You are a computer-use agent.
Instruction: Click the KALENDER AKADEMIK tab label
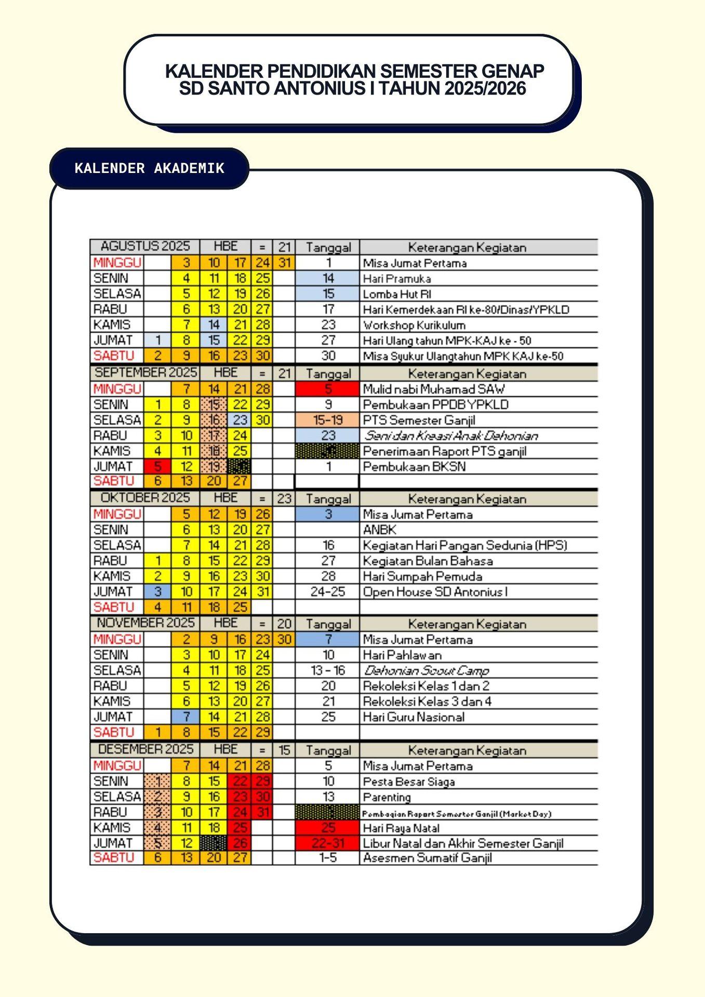150,168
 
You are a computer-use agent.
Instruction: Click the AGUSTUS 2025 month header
145,246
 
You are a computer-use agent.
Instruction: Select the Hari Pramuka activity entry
397,278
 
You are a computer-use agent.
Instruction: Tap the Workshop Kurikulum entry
414,325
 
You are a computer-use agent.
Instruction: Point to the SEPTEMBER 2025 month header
145,372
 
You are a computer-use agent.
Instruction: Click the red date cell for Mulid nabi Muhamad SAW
327,389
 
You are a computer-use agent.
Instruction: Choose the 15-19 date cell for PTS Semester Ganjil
327,420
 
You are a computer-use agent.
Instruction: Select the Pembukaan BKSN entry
414,466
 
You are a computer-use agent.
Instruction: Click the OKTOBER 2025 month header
145,498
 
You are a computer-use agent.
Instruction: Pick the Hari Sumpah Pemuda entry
422,576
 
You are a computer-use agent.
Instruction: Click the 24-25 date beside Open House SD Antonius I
327,591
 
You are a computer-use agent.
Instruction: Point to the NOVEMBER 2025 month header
145,623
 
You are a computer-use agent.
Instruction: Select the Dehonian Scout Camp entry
426,670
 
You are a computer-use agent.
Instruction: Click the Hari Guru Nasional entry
414,717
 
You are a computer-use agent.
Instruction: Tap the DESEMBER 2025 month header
145,749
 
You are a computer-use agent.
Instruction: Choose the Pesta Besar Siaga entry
409,782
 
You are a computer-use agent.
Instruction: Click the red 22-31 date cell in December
327,843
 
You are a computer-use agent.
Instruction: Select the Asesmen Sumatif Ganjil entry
427,858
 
